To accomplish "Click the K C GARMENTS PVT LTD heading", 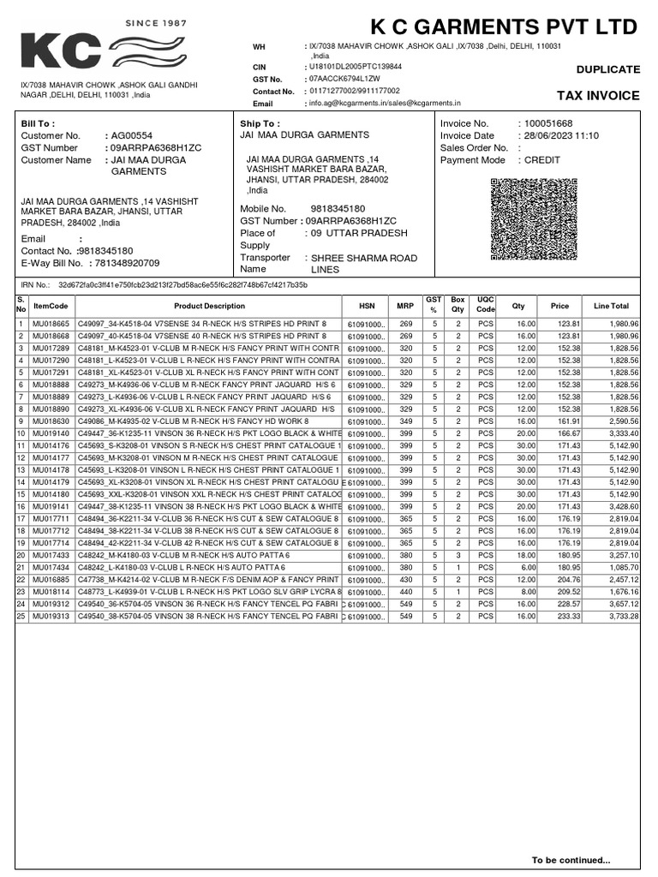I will (505, 27).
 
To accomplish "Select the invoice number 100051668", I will (547, 123).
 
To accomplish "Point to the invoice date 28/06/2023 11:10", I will (561, 135).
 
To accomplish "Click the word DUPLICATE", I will (607, 69).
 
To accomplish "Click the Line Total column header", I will (610, 306).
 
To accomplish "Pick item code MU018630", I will (51, 421).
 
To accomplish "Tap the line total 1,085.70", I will (619, 567).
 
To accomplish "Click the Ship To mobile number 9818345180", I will (338, 208).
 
